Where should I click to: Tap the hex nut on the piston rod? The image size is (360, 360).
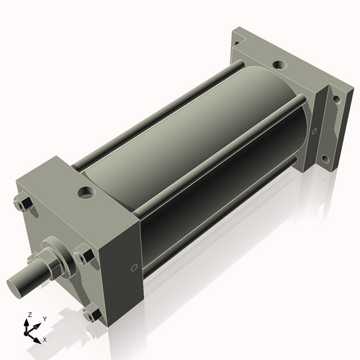pyautogui.click(x=52, y=262)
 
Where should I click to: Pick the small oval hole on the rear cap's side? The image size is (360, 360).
pyautogui.click(x=313, y=131)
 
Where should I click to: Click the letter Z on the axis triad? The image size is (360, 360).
pyautogui.click(x=28, y=315)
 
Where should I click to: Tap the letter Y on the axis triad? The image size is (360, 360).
pyautogui.click(x=44, y=318)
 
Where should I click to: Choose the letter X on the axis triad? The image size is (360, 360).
pyautogui.click(x=45, y=338)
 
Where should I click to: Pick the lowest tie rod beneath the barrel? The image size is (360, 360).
pyautogui.click(x=216, y=230)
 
